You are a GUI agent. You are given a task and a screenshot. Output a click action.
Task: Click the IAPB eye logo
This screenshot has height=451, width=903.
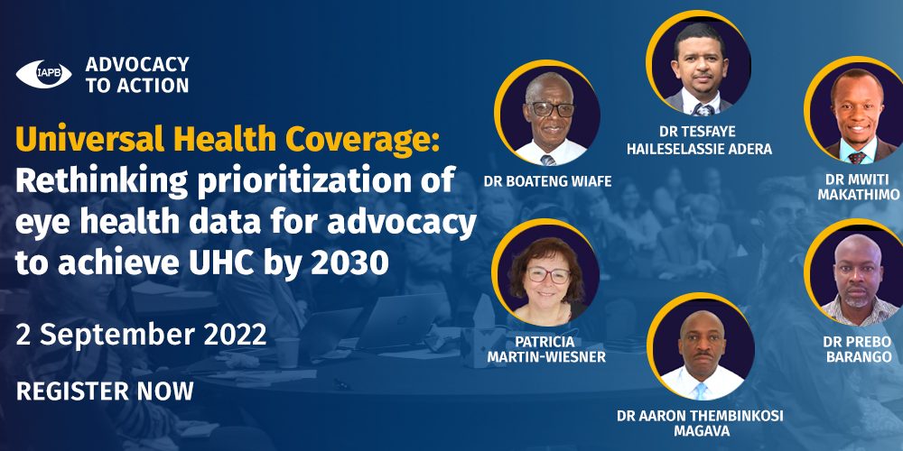pos(43,74)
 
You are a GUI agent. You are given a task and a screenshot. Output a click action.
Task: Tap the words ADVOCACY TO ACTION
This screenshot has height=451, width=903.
pos(137,75)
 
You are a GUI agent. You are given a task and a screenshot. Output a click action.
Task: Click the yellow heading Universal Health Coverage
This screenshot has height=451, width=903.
pos(228,141)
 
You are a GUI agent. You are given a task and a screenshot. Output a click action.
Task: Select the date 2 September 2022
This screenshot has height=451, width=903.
pos(141,335)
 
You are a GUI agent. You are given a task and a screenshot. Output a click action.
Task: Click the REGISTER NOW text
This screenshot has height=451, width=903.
pos(105,391)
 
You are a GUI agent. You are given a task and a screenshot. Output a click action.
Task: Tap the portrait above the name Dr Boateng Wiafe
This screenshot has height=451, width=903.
pos(547,113)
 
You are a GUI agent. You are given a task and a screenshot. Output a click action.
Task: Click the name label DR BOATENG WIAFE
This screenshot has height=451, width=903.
pos(547,182)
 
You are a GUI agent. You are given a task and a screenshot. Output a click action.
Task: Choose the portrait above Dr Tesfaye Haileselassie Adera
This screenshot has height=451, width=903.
pos(699,63)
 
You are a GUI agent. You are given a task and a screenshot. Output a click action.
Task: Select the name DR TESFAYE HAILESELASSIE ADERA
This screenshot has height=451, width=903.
pos(699,140)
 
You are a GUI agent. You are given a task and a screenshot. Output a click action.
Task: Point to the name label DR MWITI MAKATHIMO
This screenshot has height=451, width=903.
pos(858,188)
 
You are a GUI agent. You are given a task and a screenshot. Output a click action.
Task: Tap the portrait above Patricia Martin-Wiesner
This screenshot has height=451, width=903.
pos(545,272)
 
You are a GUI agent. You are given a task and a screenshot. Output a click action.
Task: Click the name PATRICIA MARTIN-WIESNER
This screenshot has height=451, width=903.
pos(546,349)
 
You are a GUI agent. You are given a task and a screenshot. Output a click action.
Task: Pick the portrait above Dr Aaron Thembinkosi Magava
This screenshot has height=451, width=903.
pos(701,347)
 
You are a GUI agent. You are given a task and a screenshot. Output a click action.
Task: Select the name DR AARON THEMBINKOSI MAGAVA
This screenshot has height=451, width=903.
pos(701,423)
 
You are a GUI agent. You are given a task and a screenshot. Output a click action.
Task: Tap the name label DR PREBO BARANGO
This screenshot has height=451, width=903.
pos(858,349)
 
